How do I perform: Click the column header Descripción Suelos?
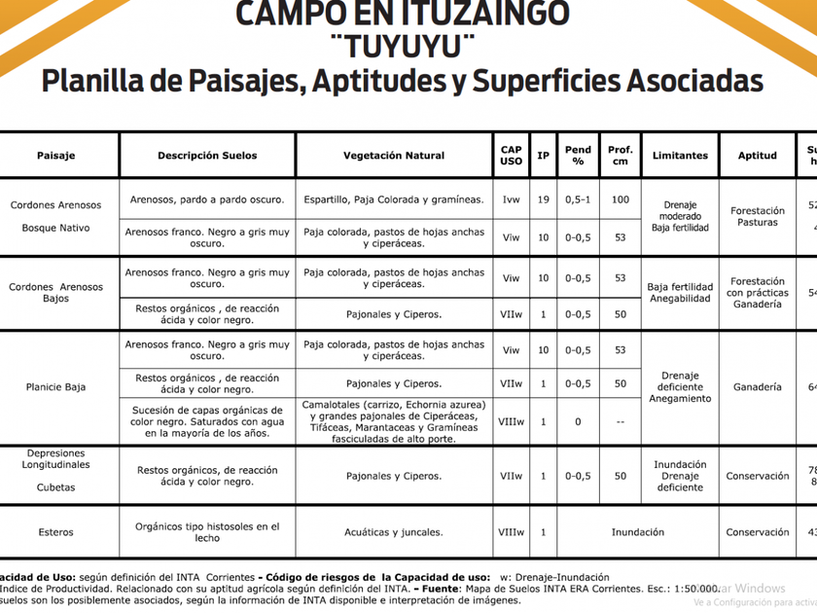click(207, 156)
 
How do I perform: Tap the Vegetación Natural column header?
click(394, 156)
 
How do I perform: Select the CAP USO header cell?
click(511, 156)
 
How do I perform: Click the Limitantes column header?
click(680, 156)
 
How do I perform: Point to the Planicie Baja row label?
click(56, 387)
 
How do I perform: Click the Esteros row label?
click(56, 532)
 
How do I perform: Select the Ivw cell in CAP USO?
click(511, 199)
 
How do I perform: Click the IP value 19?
click(544, 199)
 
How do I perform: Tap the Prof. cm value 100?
click(620, 199)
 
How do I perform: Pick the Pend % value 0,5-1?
click(578, 199)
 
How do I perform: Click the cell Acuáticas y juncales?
click(394, 532)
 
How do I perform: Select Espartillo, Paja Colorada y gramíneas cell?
click(394, 199)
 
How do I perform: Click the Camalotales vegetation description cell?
click(394, 421)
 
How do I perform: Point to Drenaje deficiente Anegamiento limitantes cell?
click(680, 387)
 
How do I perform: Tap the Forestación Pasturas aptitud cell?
click(757, 216)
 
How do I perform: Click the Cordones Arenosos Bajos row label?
click(56, 293)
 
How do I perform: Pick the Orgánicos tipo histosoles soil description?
click(207, 532)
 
